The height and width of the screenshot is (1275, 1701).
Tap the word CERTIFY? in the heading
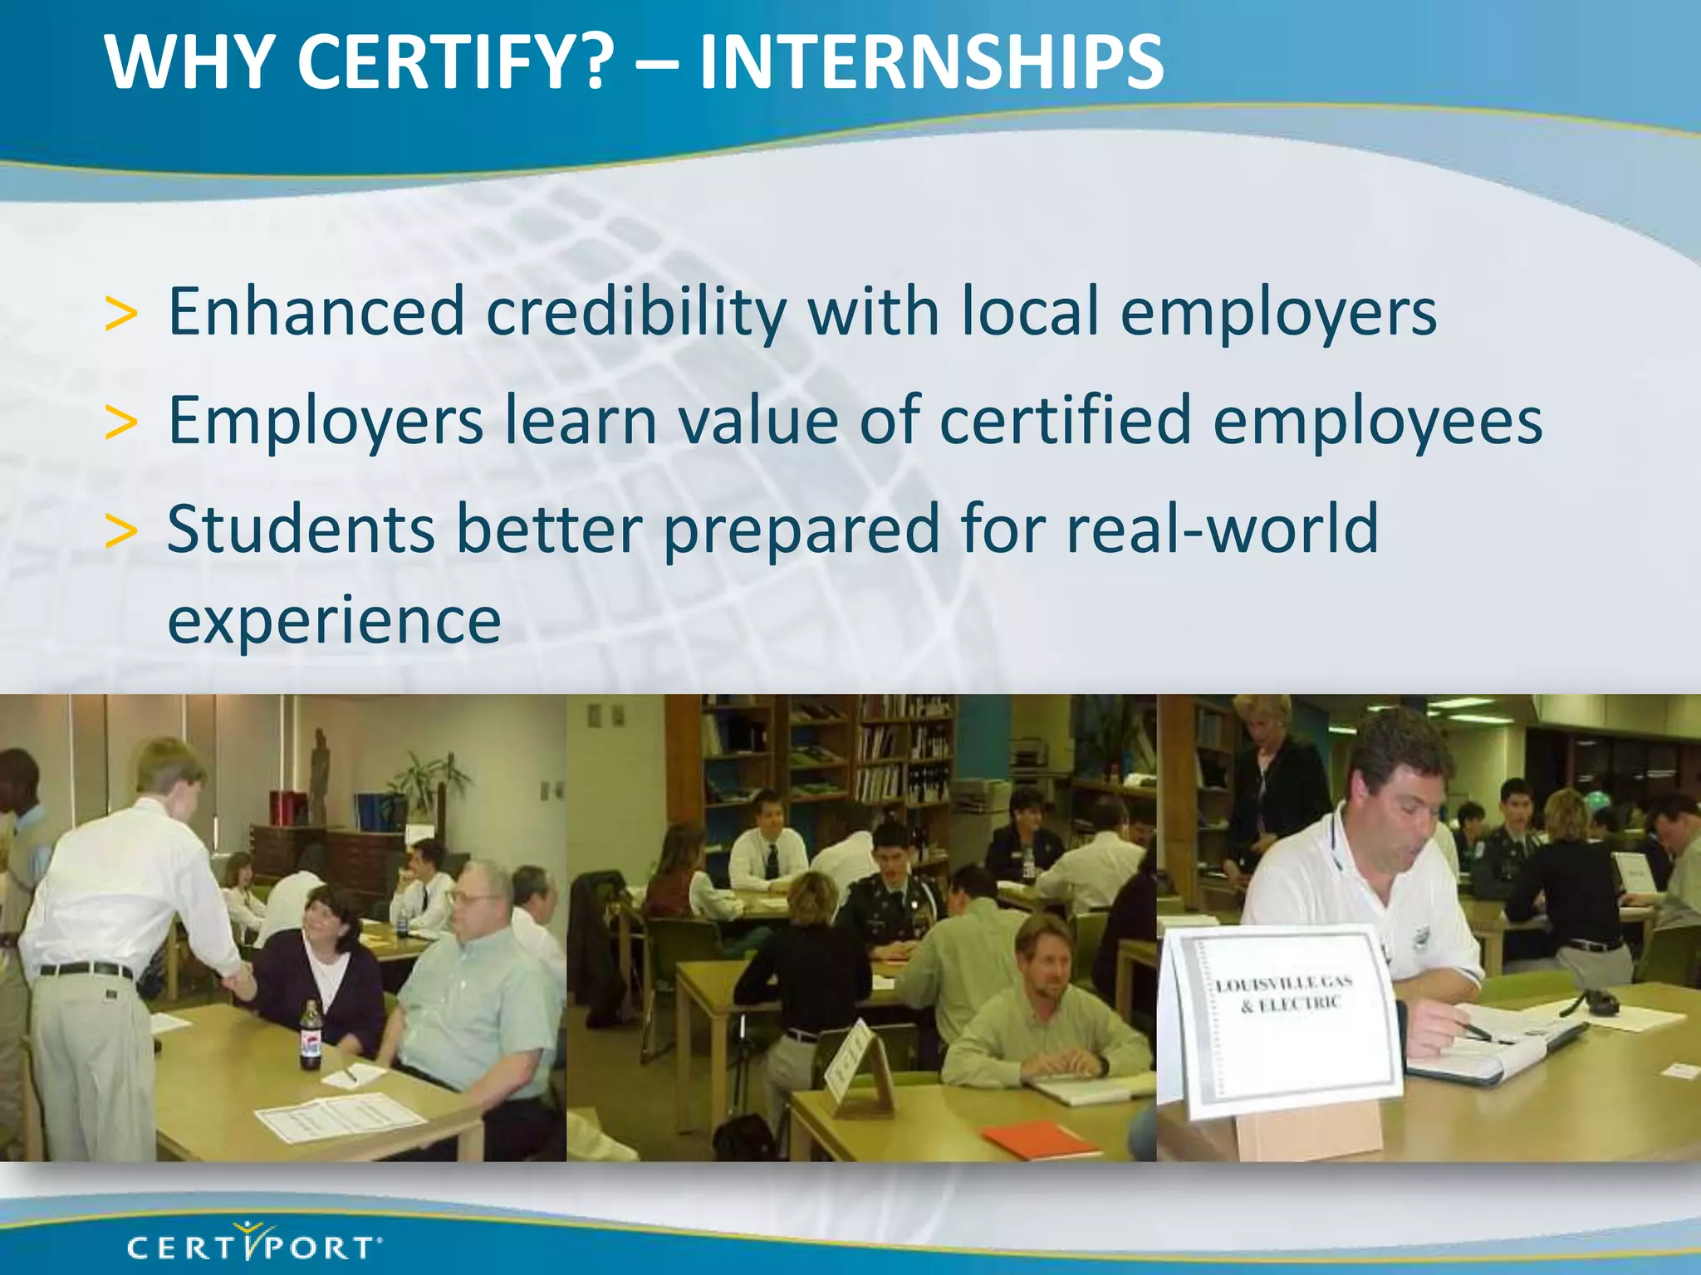click(455, 62)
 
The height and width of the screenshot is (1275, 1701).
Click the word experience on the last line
click(334, 620)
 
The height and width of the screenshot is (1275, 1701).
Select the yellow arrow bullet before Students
click(121, 532)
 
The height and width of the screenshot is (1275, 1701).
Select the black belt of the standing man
click(86, 970)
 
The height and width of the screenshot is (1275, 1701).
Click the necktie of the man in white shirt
click(772, 861)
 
